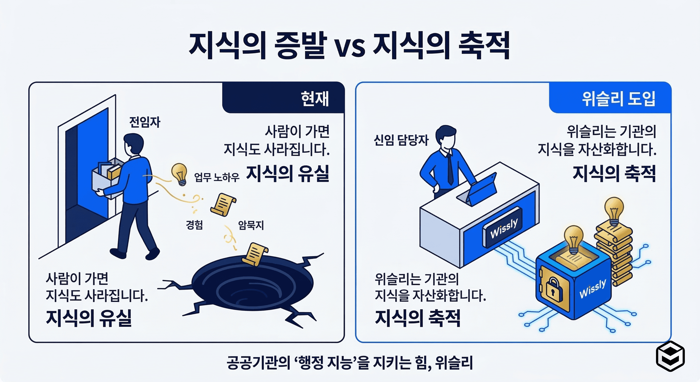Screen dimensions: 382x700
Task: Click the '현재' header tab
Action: [x=314, y=98]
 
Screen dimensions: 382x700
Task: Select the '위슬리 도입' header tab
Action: [x=618, y=98]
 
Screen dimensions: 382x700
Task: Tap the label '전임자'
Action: [x=145, y=122]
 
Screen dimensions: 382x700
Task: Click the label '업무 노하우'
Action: [x=217, y=177]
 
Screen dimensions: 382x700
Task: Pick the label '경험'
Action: [x=194, y=225]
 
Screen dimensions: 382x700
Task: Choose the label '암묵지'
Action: [x=251, y=225]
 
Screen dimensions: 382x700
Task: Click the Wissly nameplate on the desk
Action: [x=504, y=228]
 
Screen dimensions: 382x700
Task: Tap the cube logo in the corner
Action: [x=670, y=356]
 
